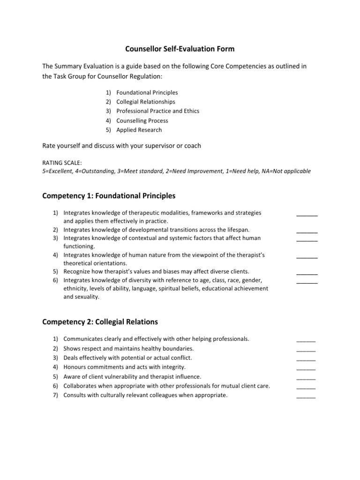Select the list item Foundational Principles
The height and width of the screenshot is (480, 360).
click(x=147, y=92)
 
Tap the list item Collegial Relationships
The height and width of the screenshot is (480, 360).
click(x=145, y=102)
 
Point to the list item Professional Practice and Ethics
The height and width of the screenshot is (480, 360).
click(x=157, y=111)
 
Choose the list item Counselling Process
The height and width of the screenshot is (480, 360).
click(x=142, y=120)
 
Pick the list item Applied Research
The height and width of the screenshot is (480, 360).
click(x=139, y=130)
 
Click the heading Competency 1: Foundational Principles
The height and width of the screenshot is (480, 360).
click(x=109, y=195)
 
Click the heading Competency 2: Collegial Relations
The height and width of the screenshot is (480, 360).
click(x=100, y=322)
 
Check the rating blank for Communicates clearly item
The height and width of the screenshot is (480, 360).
click(x=306, y=339)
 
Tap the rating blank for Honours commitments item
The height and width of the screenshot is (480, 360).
click(x=306, y=368)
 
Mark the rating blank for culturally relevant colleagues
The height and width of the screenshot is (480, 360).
click(x=306, y=396)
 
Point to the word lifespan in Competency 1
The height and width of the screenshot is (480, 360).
click(x=238, y=230)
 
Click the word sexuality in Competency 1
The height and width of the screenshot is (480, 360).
click(x=88, y=297)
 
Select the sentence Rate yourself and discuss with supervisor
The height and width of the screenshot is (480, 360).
click(x=121, y=146)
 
